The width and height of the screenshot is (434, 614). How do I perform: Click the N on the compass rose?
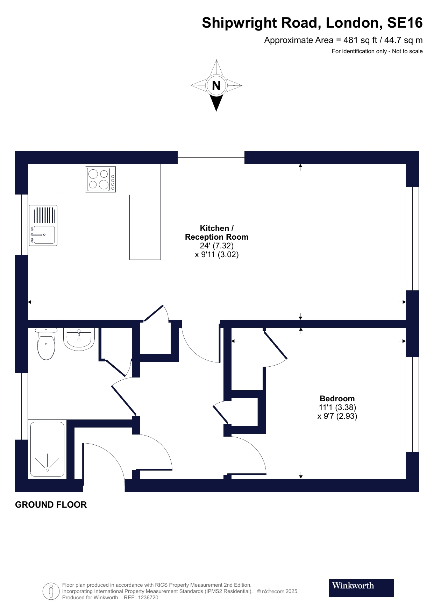click(x=216, y=85)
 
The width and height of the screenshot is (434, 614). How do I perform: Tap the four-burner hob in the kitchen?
click(x=101, y=179)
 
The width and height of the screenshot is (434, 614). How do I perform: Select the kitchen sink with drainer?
click(x=43, y=225)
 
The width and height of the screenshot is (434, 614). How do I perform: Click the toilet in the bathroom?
click(x=46, y=344)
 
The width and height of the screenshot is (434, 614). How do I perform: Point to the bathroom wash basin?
click(x=79, y=339)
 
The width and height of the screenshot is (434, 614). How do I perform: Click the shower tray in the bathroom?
click(x=47, y=450)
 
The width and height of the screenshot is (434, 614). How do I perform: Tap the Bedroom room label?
click(x=337, y=398)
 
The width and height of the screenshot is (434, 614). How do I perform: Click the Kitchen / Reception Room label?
click(x=216, y=233)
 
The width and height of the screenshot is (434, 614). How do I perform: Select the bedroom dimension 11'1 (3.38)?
click(x=337, y=407)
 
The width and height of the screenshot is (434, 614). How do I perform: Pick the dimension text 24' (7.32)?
click(x=216, y=246)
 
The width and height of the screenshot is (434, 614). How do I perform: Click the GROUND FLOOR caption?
click(x=51, y=504)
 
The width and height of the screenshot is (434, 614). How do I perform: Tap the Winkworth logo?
click(x=361, y=588)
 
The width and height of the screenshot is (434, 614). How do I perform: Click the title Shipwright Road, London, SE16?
click(x=312, y=23)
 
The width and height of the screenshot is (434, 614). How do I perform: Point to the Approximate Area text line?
click(x=343, y=40)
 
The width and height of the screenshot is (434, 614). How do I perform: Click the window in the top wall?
click(x=211, y=157)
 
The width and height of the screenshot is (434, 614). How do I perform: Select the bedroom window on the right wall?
click(x=412, y=404)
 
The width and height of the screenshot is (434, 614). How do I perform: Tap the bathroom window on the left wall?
click(x=21, y=406)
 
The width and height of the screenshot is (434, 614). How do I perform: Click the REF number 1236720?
click(x=148, y=598)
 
